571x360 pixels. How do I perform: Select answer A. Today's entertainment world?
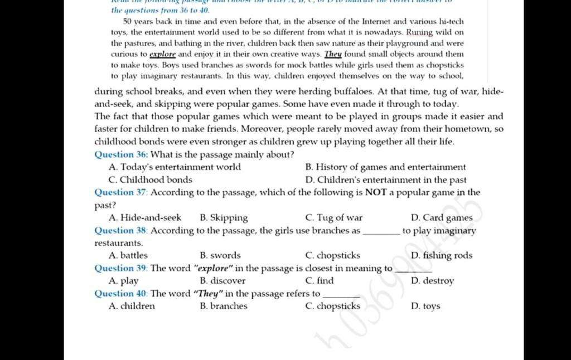(x=176, y=167)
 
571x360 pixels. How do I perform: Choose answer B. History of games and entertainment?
(x=386, y=167)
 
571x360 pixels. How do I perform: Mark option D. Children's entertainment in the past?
(x=386, y=180)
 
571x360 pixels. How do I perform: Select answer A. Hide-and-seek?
(x=146, y=218)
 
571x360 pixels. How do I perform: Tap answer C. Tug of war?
(x=334, y=218)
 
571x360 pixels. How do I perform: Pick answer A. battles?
(x=129, y=256)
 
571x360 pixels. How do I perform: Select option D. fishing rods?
(x=441, y=256)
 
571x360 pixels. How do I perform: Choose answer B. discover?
(x=222, y=281)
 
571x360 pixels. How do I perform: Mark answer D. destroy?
(x=432, y=281)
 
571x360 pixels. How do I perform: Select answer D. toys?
(x=425, y=306)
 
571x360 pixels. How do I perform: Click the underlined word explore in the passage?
(x=163, y=54)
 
